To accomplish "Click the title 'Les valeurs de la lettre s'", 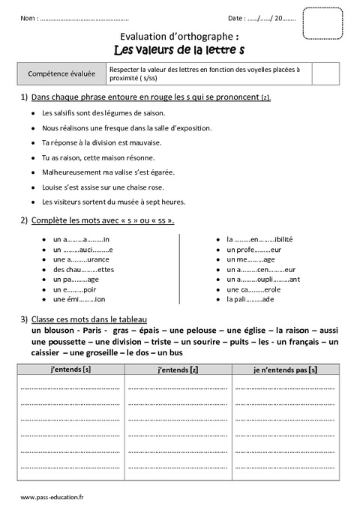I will pyautogui.click(x=180, y=49).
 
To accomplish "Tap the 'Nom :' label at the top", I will pyautogui.click(x=29, y=18).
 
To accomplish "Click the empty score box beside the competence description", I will pyautogui.click(x=322, y=73).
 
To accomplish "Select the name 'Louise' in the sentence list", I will pyautogui.click(x=53, y=187).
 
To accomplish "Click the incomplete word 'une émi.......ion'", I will pyautogui.click(x=79, y=299).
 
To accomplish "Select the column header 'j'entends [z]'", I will pyautogui.click(x=178, y=370).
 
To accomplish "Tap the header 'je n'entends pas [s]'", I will pyautogui.click(x=285, y=370).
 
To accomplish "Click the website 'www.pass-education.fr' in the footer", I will pyautogui.click(x=52, y=496).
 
